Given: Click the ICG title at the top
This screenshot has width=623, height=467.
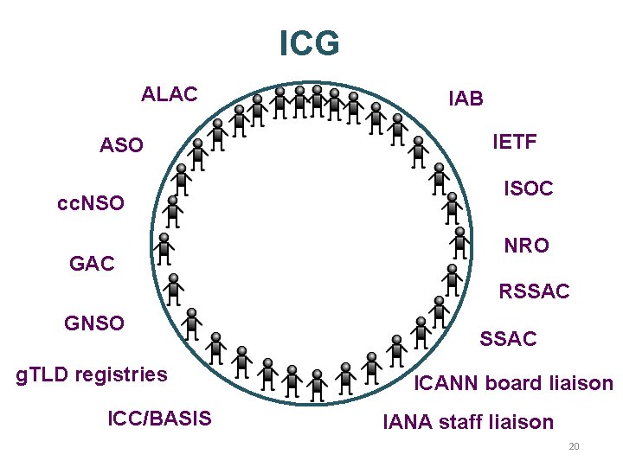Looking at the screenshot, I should [x=310, y=43].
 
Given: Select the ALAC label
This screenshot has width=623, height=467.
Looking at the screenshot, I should [x=170, y=93].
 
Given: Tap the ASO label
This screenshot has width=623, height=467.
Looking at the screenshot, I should [x=122, y=146].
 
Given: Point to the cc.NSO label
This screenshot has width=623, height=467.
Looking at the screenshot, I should [x=90, y=205].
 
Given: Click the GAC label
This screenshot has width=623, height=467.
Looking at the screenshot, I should [x=92, y=264].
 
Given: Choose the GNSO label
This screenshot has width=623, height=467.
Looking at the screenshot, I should [x=94, y=323].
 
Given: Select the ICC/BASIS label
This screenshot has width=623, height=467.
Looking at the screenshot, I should [x=159, y=419].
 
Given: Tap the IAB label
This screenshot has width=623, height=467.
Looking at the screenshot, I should [x=466, y=99].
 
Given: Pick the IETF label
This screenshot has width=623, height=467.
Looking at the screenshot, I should [x=514, y=142].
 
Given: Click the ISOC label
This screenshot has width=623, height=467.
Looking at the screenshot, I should [x=529, y=189].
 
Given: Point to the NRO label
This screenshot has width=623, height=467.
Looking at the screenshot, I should [x=526, y=246].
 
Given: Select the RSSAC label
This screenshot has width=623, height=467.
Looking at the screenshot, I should [x=534, y=292].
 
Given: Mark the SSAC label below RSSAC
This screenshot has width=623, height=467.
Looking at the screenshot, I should [x=508, y=340].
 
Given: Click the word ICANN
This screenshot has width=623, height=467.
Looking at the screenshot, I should [x=448, y=383].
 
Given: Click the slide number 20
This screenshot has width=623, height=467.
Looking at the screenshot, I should [x=573, y=447].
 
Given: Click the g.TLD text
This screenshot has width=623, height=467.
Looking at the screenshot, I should [x=44, y=374].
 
